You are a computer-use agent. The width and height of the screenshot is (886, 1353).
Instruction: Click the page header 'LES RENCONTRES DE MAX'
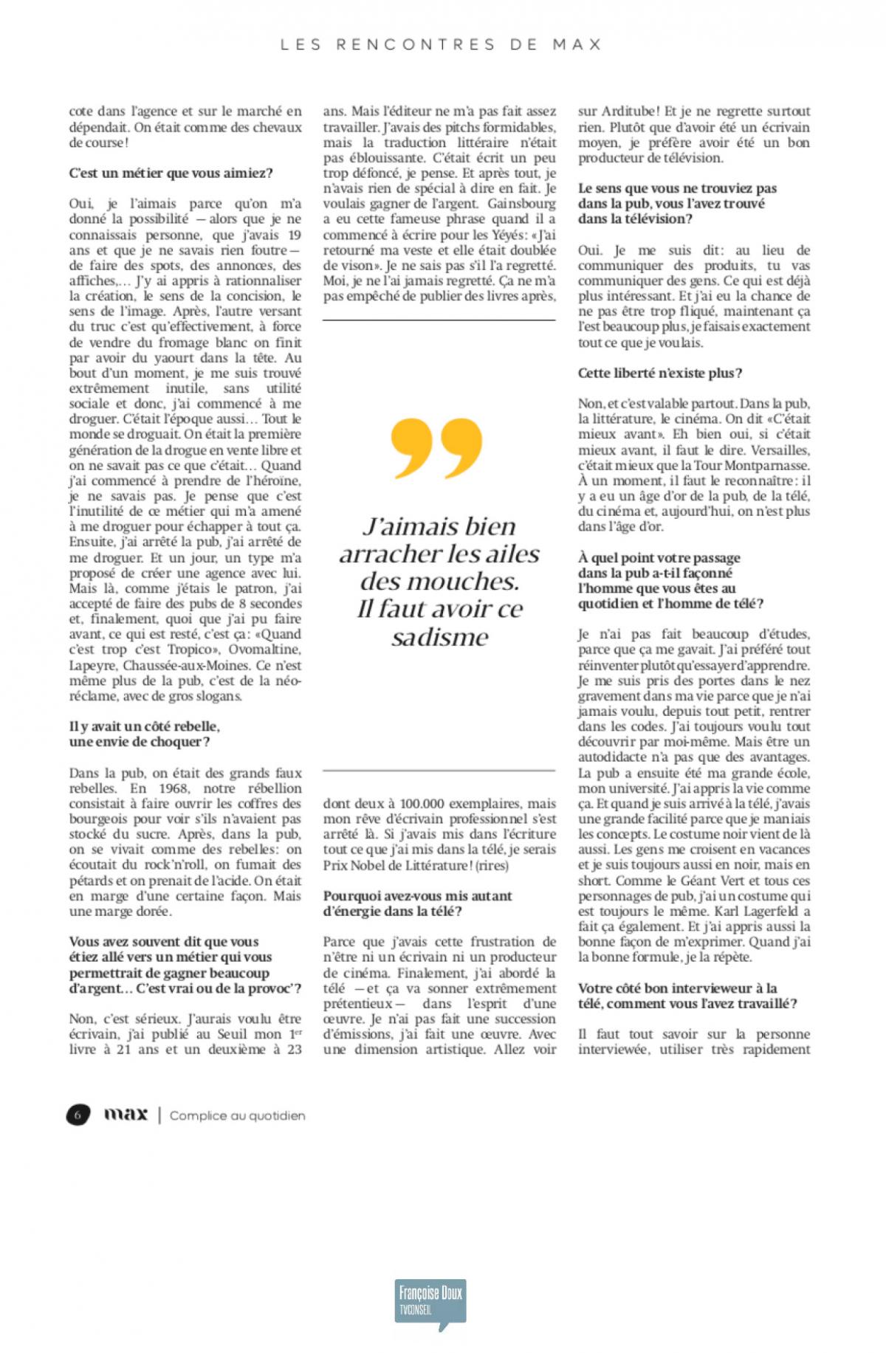click(x=442, y=44)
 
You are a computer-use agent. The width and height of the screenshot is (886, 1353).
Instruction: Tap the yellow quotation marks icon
click(x=438, y=447)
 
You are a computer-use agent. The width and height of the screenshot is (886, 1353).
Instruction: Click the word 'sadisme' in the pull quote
click(x=440, y=637)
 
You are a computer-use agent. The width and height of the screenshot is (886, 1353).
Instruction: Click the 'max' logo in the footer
click(x=126, y=1114)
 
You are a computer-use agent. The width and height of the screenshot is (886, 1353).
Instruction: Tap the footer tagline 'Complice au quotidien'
click(x=237, y=1115)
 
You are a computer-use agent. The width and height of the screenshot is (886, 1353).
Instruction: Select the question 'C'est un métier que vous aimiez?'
click(x=171, y=173)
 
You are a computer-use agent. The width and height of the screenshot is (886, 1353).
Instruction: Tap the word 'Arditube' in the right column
click(x=629, y=111)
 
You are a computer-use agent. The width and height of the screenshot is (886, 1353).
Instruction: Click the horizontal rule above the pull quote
click(x=439, y=320)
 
